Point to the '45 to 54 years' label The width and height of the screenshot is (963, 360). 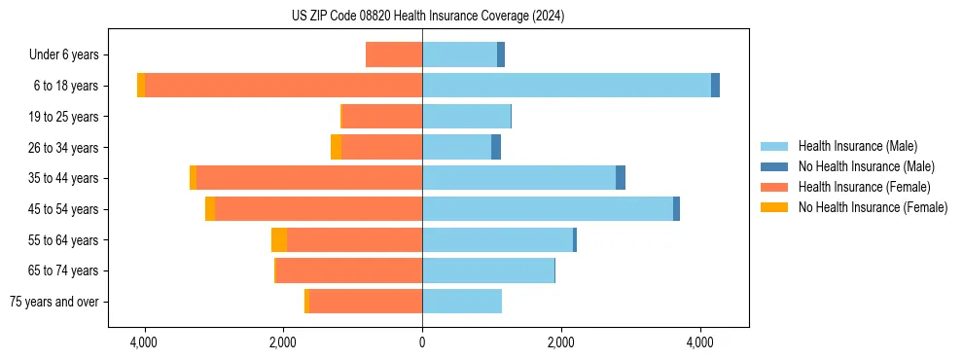coord(64,209)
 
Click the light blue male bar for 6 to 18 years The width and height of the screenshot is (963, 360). coord(566,86)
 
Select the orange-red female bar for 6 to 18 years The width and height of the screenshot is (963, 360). coord(283,86)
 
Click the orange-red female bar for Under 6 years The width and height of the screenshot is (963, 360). coord(394,55)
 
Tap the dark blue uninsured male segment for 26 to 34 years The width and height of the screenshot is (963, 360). coord(496,148)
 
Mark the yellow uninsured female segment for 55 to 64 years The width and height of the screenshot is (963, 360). coord(279,240)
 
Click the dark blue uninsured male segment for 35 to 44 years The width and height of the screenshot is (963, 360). coord(621,178)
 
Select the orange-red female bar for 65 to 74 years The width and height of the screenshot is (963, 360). coord(349,270)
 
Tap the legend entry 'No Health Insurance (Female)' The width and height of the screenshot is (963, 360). coord(873,207)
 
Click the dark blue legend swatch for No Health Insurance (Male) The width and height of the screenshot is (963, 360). coord(774,166)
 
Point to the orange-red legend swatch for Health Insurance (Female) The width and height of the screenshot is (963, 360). coord(774,187)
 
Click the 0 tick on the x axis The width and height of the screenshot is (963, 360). coord(422,343)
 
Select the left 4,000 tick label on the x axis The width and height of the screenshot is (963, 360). coord(144,343)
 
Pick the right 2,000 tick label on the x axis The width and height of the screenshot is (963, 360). coord(561,343)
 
